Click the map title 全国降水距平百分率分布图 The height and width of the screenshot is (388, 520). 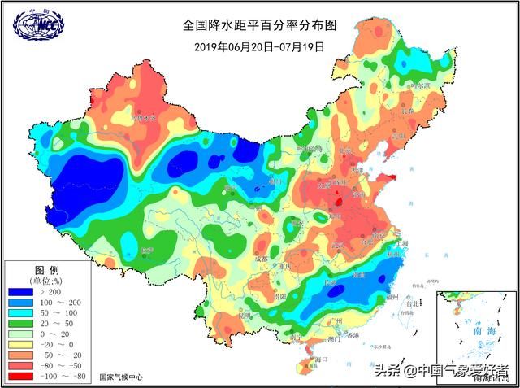coord(260,26)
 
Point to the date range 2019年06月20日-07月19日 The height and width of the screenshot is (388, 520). coord(259,46)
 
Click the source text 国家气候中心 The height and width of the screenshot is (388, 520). coord(121,377)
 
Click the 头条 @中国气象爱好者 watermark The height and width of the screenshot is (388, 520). coord(443,371)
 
